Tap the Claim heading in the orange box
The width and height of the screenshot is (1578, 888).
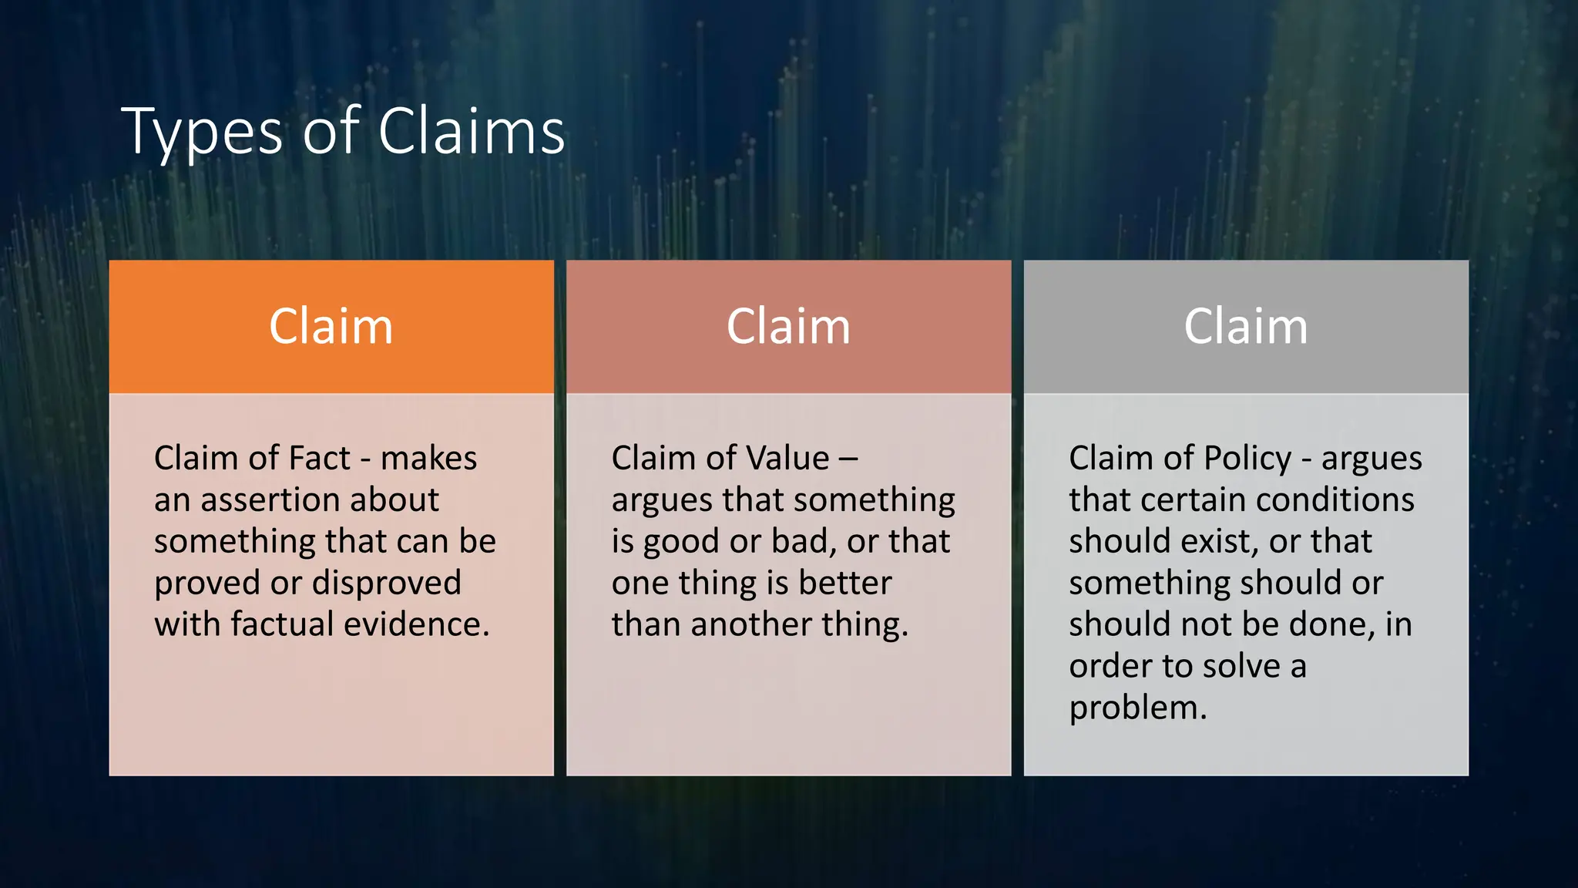[331, 327]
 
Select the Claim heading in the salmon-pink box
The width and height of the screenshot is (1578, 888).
[788, 327]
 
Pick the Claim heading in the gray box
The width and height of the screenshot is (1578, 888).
[1246, 327]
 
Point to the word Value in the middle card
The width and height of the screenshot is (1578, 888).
[786, 459]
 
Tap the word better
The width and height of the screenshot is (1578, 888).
[845, 584]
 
